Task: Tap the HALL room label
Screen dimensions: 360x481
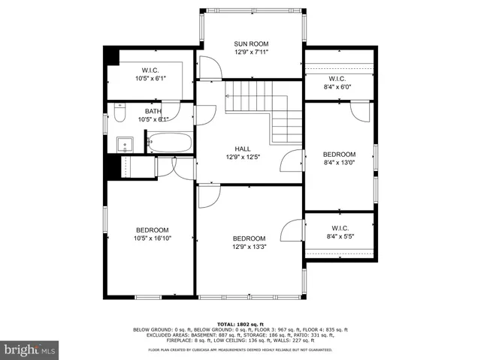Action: pos(243,148)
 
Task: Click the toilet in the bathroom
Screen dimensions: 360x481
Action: pos(119,112)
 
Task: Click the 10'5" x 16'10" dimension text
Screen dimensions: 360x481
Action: pos(152,239)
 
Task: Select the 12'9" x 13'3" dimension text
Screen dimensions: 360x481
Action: pos(249,247)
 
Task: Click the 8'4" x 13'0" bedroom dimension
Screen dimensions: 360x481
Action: pos(339,163)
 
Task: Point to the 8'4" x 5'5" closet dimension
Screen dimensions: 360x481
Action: pos(339,237)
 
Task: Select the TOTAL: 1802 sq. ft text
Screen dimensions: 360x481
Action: pos(240,323)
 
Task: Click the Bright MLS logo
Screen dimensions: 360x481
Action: pos(30,349)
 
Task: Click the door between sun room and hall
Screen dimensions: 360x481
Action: pos(213,72)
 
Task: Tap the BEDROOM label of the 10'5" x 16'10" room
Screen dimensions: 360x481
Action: pos(152,230)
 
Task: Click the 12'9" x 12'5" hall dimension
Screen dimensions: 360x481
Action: pos(243,157)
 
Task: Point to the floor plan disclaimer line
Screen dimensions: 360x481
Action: pos(240,349)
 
